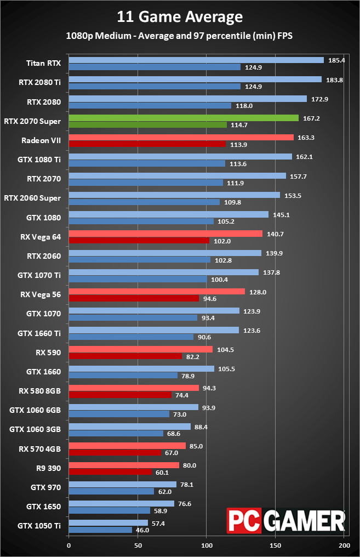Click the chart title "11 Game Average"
click(180, 17)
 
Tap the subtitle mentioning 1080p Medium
click(180, 36)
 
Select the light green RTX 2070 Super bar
click(184, 118)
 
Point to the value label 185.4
click(336, 60)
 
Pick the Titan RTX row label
click(43, 63)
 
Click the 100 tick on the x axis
click(207, 545)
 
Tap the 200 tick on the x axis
click(344, 545)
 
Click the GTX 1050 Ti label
click(39, 526)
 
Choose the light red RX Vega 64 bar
click(165, 234)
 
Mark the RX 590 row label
click(48, 353)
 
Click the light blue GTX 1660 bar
click(141, 369)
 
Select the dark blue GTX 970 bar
click(111, 491)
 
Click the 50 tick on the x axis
click(138, 545)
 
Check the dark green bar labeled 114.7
click(147, 124)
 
